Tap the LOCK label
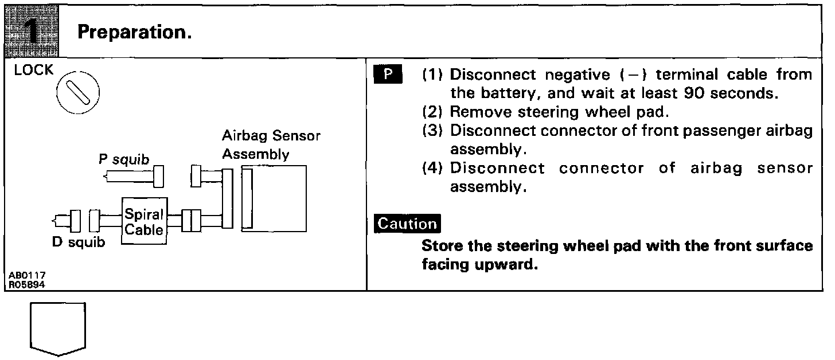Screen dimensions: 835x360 tap(34, 71)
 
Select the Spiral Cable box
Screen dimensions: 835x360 tap(144, 222)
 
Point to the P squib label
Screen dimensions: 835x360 tap(124, 160)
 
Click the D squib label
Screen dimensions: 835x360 tap(79, 242)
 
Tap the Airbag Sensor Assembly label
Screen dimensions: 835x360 tap(271, 145)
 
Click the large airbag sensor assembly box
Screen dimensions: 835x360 tap(274, 198)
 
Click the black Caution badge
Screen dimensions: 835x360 tap(407, 224)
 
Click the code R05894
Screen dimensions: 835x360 tap(28, 283)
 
